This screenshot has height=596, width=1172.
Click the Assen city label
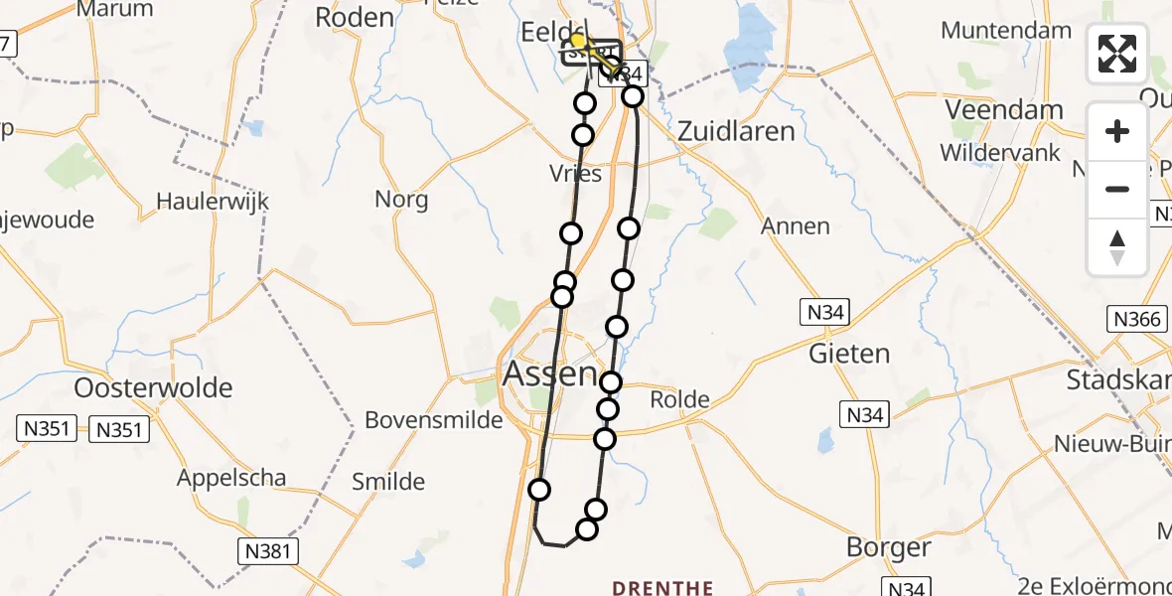click(550, 374)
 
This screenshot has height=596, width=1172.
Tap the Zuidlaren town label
click(736, 131)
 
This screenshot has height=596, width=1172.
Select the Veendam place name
click(1004, 109)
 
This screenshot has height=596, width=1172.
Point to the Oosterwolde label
click(153, 387)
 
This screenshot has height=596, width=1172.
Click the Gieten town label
click(849, 354)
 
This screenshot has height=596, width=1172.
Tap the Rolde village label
click(679, 400)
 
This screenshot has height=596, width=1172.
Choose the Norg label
click(401, 200)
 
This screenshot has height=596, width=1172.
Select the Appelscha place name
click(231, 478)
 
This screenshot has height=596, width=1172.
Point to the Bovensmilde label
click(428, 420)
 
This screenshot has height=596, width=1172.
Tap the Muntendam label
click(1006, 30)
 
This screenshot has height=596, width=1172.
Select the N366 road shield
click(1136, 320)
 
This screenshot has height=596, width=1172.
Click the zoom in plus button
click(1117, 131)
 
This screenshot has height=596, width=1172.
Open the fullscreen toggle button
click(1117, 54)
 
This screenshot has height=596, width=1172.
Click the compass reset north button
click(1117, 247)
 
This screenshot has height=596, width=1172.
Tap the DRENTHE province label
click(662, 588)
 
